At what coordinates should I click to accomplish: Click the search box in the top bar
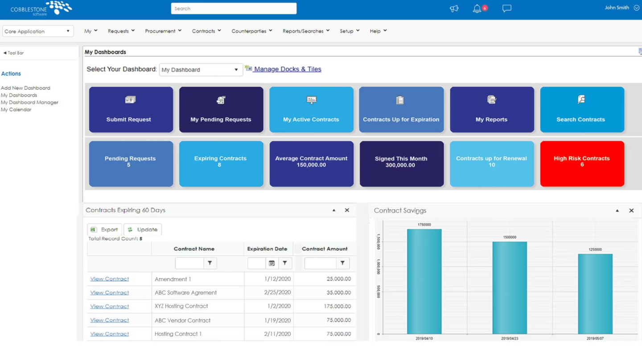tap(234, 8)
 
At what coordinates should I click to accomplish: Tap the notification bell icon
tap(477, 8)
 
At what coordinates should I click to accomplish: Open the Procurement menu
tap(163, 31)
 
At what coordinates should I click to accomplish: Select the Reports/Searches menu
tap(306, 31)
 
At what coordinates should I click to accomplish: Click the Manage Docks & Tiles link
tap(287, 69)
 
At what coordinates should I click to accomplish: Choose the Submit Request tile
tap(131, 110)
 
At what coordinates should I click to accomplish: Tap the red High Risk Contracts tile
tap(582, 164)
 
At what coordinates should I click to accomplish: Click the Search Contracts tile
tap(582, 110)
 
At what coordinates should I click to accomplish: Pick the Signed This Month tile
tap(401, 164)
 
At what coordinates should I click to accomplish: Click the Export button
tap(105, 229)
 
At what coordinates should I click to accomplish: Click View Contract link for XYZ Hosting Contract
tap(110, 307)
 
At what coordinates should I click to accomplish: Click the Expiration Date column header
tap(267, 249)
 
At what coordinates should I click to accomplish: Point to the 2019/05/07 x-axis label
tap(595, 339)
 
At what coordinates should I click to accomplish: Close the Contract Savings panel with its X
tap(631, 210)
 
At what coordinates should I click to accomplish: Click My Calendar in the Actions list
tap(16, 110)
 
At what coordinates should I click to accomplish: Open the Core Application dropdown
tap(37, 31)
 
